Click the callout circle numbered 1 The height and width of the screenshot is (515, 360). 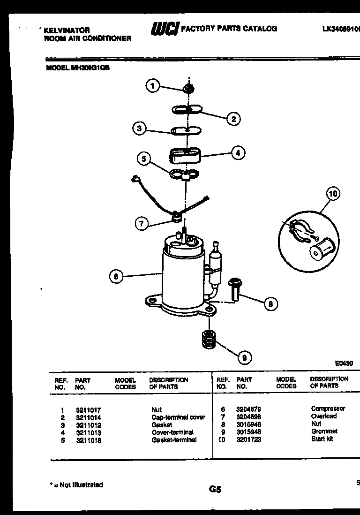tap(152, 86)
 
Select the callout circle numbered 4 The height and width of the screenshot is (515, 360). tap(238, 152)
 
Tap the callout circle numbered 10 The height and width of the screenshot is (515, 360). tap(333, 193)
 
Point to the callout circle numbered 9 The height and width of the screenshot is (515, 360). tap(244, 358)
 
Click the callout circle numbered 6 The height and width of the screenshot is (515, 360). tap(116, 277)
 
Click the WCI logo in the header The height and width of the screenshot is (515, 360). tap(164, 30)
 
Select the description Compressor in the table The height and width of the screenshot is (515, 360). tap(328, 409)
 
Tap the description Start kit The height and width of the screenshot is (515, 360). tap(322, 439)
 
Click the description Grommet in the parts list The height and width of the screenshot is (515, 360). tap(324, 432)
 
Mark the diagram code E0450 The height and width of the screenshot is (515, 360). tap(344, 363)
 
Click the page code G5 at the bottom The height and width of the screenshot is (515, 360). tap(215, 489)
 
